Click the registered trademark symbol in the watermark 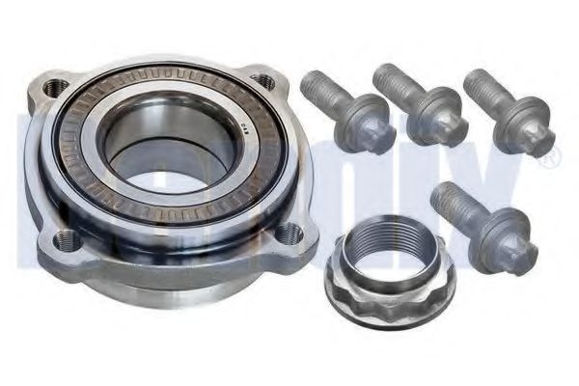[x=547, y=163]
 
